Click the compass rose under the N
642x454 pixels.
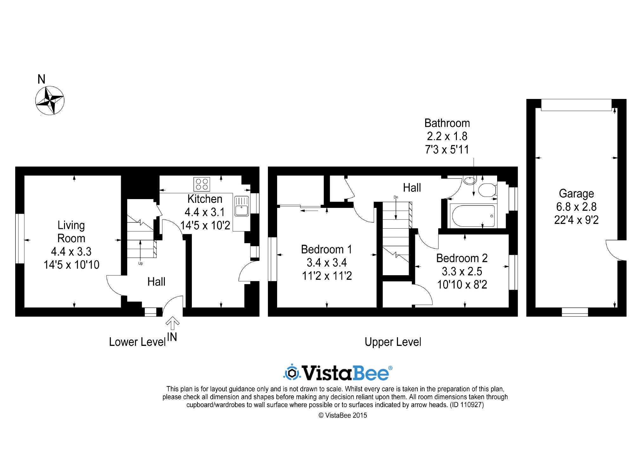point(50,101)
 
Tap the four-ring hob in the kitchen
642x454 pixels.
point(202,185)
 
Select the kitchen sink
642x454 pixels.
point(242,206)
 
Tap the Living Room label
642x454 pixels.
point(71,232)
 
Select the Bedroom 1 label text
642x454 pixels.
point(327,250)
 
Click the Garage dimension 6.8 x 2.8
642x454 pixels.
point(576,207)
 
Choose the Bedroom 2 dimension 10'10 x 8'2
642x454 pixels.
point(462,284)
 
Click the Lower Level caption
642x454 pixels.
point(137,342)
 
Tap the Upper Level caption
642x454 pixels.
point(393,342)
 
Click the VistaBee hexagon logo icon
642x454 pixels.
point(292,373)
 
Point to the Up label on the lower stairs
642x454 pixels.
point(140,263)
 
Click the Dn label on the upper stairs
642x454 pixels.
point(396,197)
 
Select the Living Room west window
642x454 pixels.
point(20,238)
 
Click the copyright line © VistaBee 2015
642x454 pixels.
point(343,415)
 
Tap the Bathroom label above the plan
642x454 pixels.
point(447,123)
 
